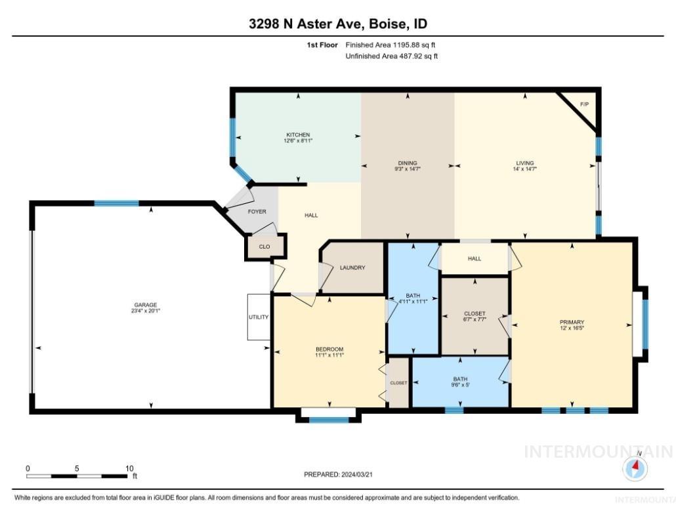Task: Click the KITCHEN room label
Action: click(x=297, y=134)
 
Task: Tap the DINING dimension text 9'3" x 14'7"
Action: click(x=408, y=169)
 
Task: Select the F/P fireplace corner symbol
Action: click(x=583, y=105)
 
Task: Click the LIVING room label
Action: click(x=524, y=163)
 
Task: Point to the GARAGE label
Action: click(x=145, y=305)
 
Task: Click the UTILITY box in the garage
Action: click(x=259, y=317)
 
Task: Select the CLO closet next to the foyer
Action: click(x=264, y=247)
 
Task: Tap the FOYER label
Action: click(x=257, y=212)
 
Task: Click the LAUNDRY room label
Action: click(x=352, y=268)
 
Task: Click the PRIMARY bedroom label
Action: click(x=572, y=322)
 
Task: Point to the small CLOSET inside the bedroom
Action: click(x=398, y=383)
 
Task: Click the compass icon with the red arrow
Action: click(x=635, y=468)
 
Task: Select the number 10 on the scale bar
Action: click(x=129, y=468)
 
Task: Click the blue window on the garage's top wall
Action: click(x=116, y=203)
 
